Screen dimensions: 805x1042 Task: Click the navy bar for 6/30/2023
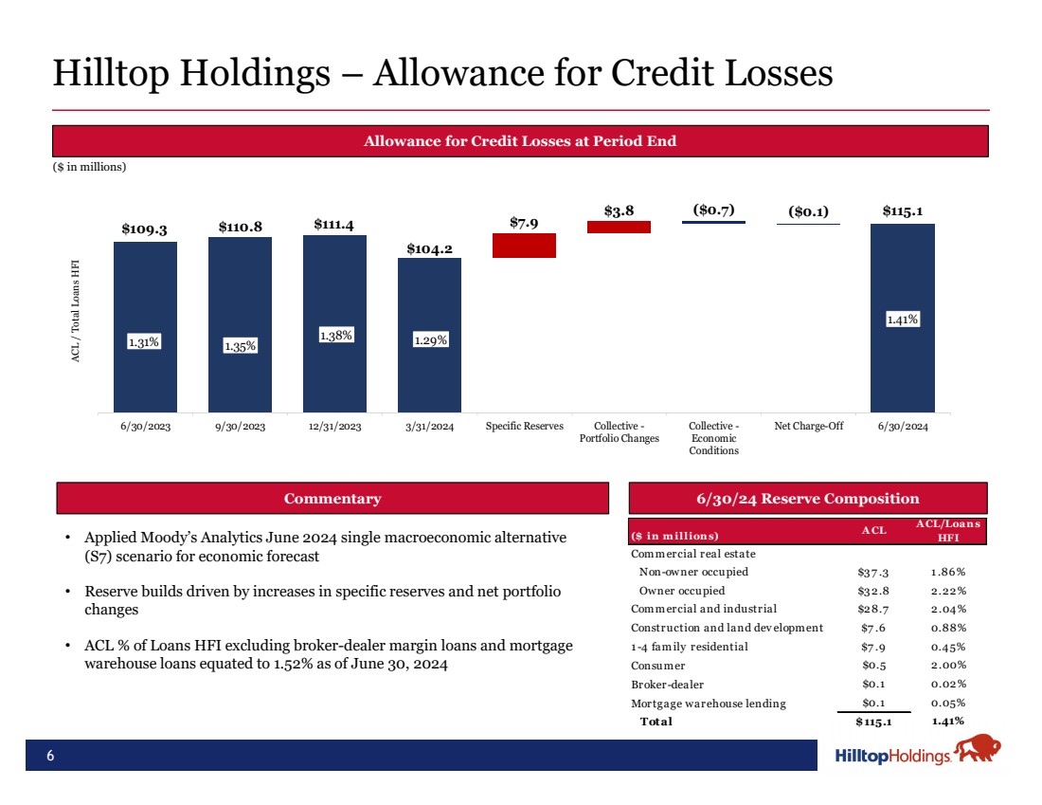(x=145, y=327)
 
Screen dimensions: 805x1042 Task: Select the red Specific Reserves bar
(x=524, y=246)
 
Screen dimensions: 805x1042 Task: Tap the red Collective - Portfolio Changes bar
(x=619, y=227)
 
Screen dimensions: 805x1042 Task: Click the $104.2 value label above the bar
(x=429, y=248)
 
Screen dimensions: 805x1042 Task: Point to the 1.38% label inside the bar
(x=334, y=335)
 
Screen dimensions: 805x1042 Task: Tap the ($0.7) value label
(x=713, y=209)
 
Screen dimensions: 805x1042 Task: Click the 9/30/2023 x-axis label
(x=240, y=427)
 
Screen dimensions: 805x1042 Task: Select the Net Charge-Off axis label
(x=808, y=427)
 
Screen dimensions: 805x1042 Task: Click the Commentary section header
(x=332, y=499)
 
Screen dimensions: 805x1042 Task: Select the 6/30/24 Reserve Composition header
(x=808, y=499)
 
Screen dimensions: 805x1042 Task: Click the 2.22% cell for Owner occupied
(x=947, y=590)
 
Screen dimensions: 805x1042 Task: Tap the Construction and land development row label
(x=727, y=628)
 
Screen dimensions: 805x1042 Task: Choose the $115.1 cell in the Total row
(x=872, y=722)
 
